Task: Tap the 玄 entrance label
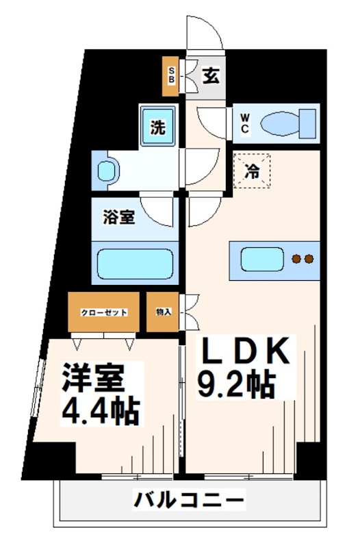(211, 76)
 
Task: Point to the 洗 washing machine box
(158, 127)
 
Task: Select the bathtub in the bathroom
(135, 262)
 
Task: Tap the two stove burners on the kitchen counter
(303, 259)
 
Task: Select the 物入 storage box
(164, 312)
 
